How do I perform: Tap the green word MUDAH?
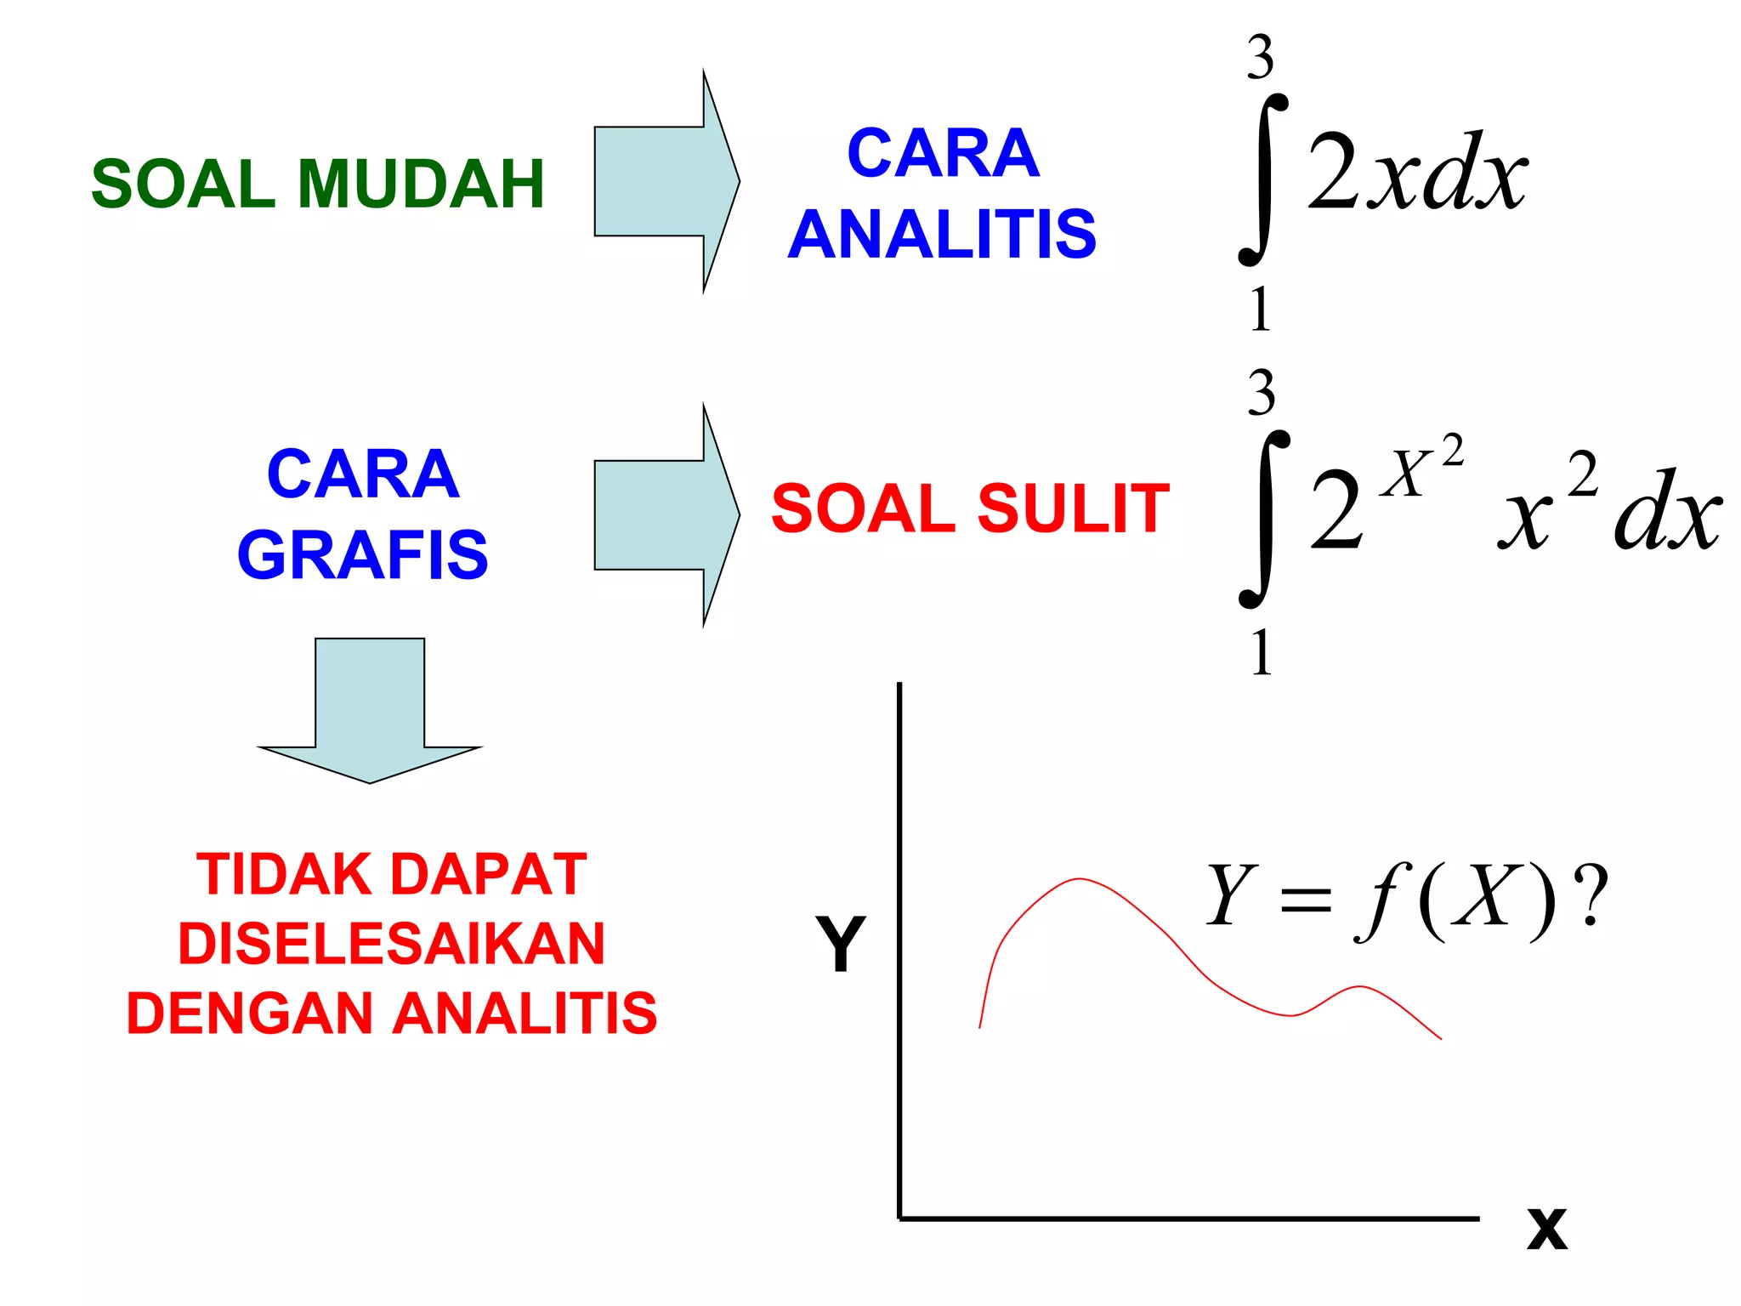click(x=420, y=185)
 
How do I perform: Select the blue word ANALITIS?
click(x=942, y=235)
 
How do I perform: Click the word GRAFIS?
click(x=363, y=555)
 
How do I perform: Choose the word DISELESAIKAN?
click(x=391, y=944)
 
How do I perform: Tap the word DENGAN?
click(x=250, y=1014)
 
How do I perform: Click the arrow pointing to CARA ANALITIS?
click(x=666, y=181)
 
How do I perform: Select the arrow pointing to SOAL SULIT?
click(x=666, y=514)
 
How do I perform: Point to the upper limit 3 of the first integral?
click(x=1260, y=58)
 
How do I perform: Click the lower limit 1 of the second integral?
click(x=1262, y=653)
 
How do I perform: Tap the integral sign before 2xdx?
click(x=1262, y=180)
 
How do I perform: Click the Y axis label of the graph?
click(x=841, y=944)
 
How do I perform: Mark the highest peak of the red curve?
click(x=1080, y=879)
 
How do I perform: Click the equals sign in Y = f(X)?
click(x=1305, y=900)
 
